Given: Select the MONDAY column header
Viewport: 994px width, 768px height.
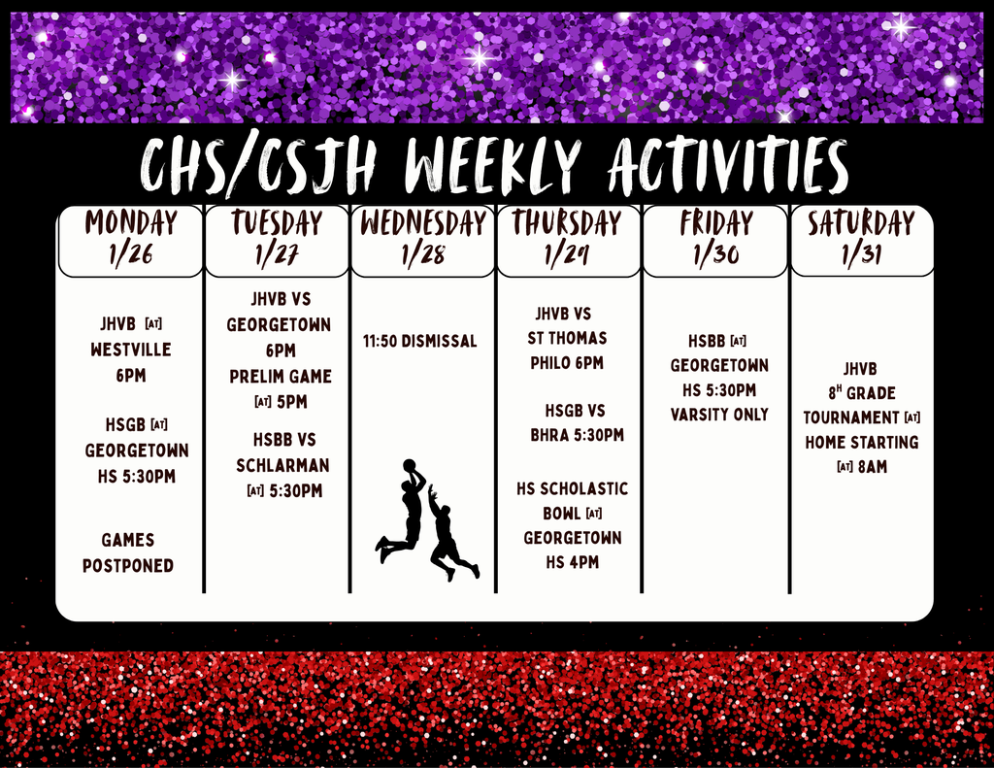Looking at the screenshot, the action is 131,222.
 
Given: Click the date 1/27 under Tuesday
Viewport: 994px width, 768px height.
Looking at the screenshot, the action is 277,254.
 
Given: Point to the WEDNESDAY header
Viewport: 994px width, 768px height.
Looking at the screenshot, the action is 423,223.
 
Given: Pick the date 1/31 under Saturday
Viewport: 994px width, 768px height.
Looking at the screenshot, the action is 862,254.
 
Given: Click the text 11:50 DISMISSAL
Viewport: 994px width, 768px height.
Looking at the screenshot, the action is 419,341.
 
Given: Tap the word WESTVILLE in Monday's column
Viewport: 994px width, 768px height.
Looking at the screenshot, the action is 131,350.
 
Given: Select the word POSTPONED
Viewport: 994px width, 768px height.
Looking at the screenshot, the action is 128,566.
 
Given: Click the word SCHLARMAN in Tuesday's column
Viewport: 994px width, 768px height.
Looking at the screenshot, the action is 282,465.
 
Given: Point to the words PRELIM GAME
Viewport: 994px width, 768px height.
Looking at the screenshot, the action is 281,376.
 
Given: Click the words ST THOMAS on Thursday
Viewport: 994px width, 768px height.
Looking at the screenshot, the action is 567,338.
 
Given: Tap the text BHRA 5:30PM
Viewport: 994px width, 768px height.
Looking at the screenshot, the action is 577,435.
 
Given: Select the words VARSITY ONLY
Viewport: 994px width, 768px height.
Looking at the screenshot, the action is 719,415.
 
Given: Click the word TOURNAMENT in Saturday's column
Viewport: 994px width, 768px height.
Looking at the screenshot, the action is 851,417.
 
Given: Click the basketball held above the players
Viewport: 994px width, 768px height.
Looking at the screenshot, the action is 409,465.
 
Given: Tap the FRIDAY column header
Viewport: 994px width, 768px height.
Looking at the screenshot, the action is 716,223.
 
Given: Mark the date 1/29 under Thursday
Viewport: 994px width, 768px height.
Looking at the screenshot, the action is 567,254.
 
